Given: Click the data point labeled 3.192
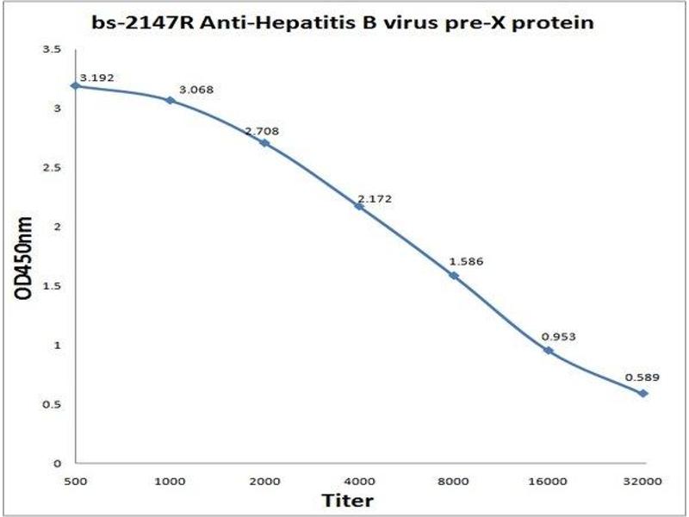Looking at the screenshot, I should click(x=76, y=86).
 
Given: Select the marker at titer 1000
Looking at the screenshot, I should click(x=170, y=101).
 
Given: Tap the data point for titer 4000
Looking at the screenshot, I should click(x=359, y=206).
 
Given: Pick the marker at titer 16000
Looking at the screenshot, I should click(x=549, y=350).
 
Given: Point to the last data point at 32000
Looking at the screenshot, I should click(x=643, y=393).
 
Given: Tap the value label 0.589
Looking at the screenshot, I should click(x=642, y=377).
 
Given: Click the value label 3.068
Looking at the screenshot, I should click(x=196, y=90).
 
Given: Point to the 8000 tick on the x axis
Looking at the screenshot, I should click(x=454, y=480).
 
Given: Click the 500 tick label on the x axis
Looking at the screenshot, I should click(x=76, y=480).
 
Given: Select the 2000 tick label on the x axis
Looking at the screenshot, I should click(x=264, y=480).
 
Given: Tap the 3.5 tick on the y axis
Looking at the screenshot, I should click(x=53, y=50).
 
